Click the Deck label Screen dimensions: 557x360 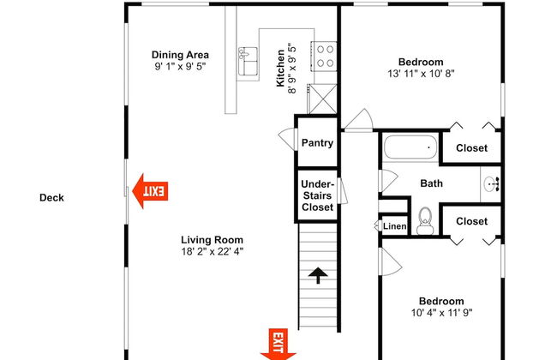click(x=51, y=198)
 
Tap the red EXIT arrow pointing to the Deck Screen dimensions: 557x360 click(x=150, y=191)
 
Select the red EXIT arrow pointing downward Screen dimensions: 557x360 click(x=278, y=345)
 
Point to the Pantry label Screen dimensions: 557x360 click(x=317, y=143)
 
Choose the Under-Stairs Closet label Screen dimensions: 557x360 click(x=317, y=195)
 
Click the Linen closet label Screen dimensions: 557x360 click(x=395, y=226)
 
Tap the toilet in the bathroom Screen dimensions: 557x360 click(x=425, y=221)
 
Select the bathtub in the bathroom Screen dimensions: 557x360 click(x=410, y=147)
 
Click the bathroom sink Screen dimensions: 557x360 click(x=491, y=184)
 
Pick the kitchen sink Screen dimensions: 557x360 click(x=248, y=61)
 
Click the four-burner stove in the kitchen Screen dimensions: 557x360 click(x=324, y=57)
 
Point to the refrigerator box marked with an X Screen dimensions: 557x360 click(x=322, y=99)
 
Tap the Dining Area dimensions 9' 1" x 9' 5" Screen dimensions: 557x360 click(x=180, y=67)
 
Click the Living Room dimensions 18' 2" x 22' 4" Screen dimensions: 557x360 click(x=212, y=252)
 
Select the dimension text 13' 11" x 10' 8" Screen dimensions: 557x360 click(x=421, y=74)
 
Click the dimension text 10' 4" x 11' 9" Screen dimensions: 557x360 click(x=441, y=313)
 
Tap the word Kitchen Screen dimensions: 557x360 click(x=280, y=68)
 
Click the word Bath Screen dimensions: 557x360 click(x=431, y=183)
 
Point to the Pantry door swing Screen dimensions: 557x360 click(x=286, y=139)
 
